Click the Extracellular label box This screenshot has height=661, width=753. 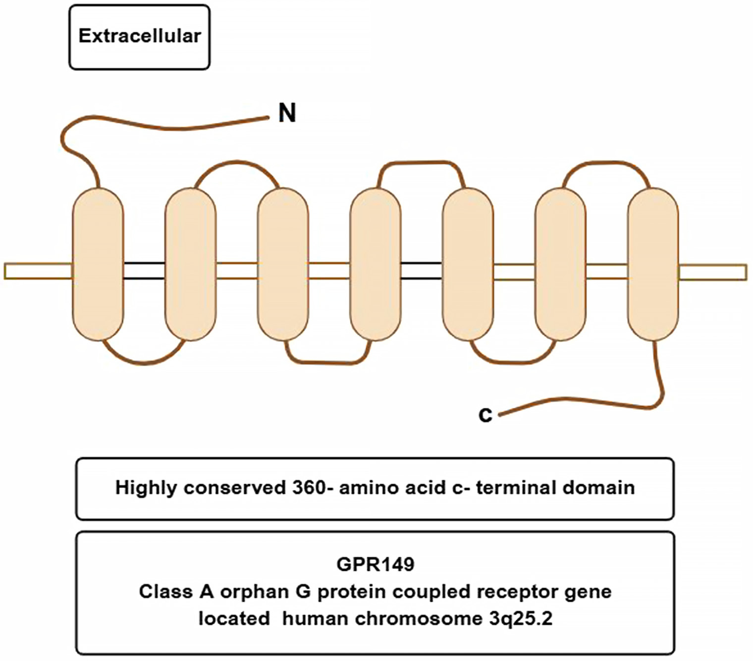(x=139, y=37)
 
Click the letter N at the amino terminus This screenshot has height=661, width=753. (x=287, y=113)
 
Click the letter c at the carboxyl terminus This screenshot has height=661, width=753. (x=485, y=415)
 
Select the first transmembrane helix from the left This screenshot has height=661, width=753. (x=98, y=264)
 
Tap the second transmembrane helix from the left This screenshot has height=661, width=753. (x=190, y=264)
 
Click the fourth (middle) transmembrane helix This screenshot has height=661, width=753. (x=376, y=264)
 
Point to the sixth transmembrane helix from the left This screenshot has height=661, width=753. (x=560, y=264)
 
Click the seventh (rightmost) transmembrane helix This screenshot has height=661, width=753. (x=653, y=264)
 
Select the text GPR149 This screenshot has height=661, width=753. (x=375, y=564)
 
